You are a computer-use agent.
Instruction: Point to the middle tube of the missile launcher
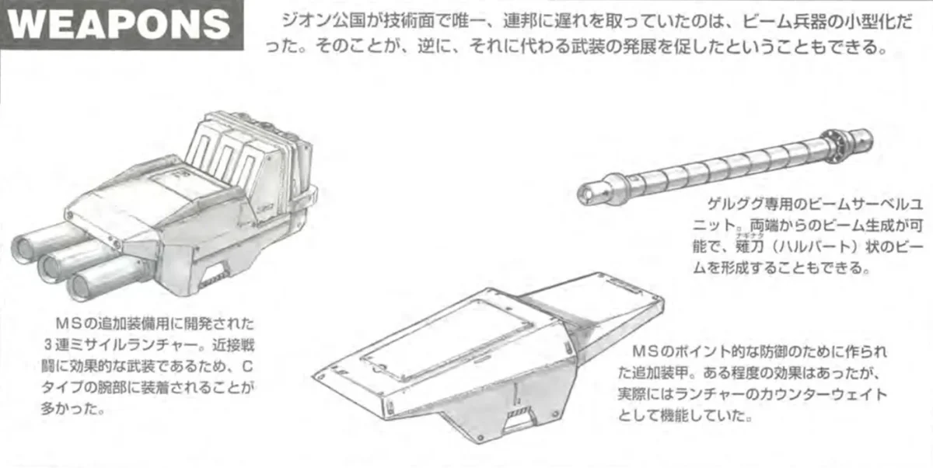pos(58,265)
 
